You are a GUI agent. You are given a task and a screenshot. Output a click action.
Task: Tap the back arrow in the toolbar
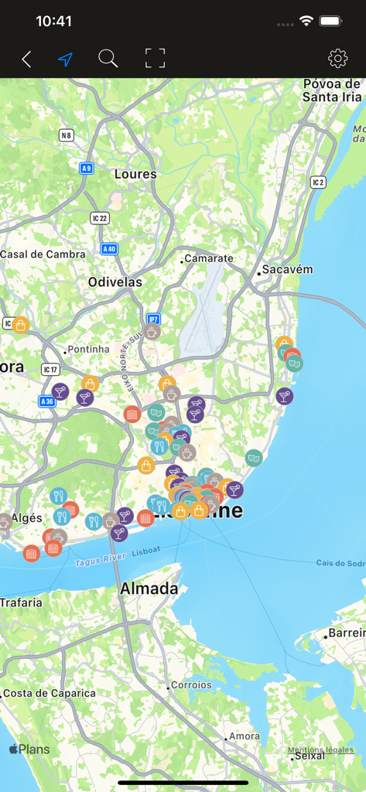[26, 59]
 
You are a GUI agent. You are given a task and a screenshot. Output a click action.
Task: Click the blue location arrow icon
[66, 59]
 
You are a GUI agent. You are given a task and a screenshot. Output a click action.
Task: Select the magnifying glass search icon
[108, 58]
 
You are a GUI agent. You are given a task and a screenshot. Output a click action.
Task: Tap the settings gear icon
[337, 59]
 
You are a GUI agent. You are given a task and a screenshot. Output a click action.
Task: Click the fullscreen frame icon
[156, 58]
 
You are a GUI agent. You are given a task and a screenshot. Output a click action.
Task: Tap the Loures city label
[135, 174]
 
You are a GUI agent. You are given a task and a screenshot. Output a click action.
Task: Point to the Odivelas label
[115, 282]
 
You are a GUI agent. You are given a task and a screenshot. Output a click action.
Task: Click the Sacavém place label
[287, 270]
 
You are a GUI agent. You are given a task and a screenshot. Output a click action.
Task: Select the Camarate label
[208, 258]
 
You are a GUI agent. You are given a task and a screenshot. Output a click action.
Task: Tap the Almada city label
[149, 589]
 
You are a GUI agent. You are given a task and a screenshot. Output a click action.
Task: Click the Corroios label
[191, 685]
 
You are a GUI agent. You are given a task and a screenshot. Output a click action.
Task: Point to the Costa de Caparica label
[50, 693]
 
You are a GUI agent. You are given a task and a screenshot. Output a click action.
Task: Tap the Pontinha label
[88, 350]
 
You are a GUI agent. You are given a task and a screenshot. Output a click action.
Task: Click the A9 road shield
[86, 168]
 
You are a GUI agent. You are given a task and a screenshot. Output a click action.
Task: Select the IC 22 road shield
[99, 218]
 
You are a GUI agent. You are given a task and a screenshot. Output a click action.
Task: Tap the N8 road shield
[67, 135]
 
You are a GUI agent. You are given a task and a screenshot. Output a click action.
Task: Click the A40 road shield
[109, 249]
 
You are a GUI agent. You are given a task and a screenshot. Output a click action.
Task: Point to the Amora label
[245, 736]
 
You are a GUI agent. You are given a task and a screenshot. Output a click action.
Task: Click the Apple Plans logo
[29, 749]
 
